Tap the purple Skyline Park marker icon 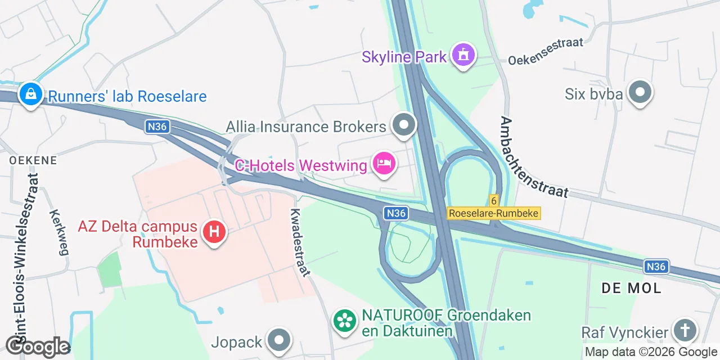coord(463,55)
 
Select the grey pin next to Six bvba coord(640,92)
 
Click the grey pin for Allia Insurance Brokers coord(403,125)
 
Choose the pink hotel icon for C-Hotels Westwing coord(384,164)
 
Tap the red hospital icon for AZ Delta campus coord(214,231)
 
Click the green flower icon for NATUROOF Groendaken coord(345,321)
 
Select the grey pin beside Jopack coord(279,340)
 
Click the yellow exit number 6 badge coord(494,200)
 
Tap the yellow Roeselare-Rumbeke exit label coord(494,213)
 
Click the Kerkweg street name coord(58,232)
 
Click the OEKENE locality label coord(33,160)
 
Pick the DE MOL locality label coord(631,288)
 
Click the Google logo coord(38,346)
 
